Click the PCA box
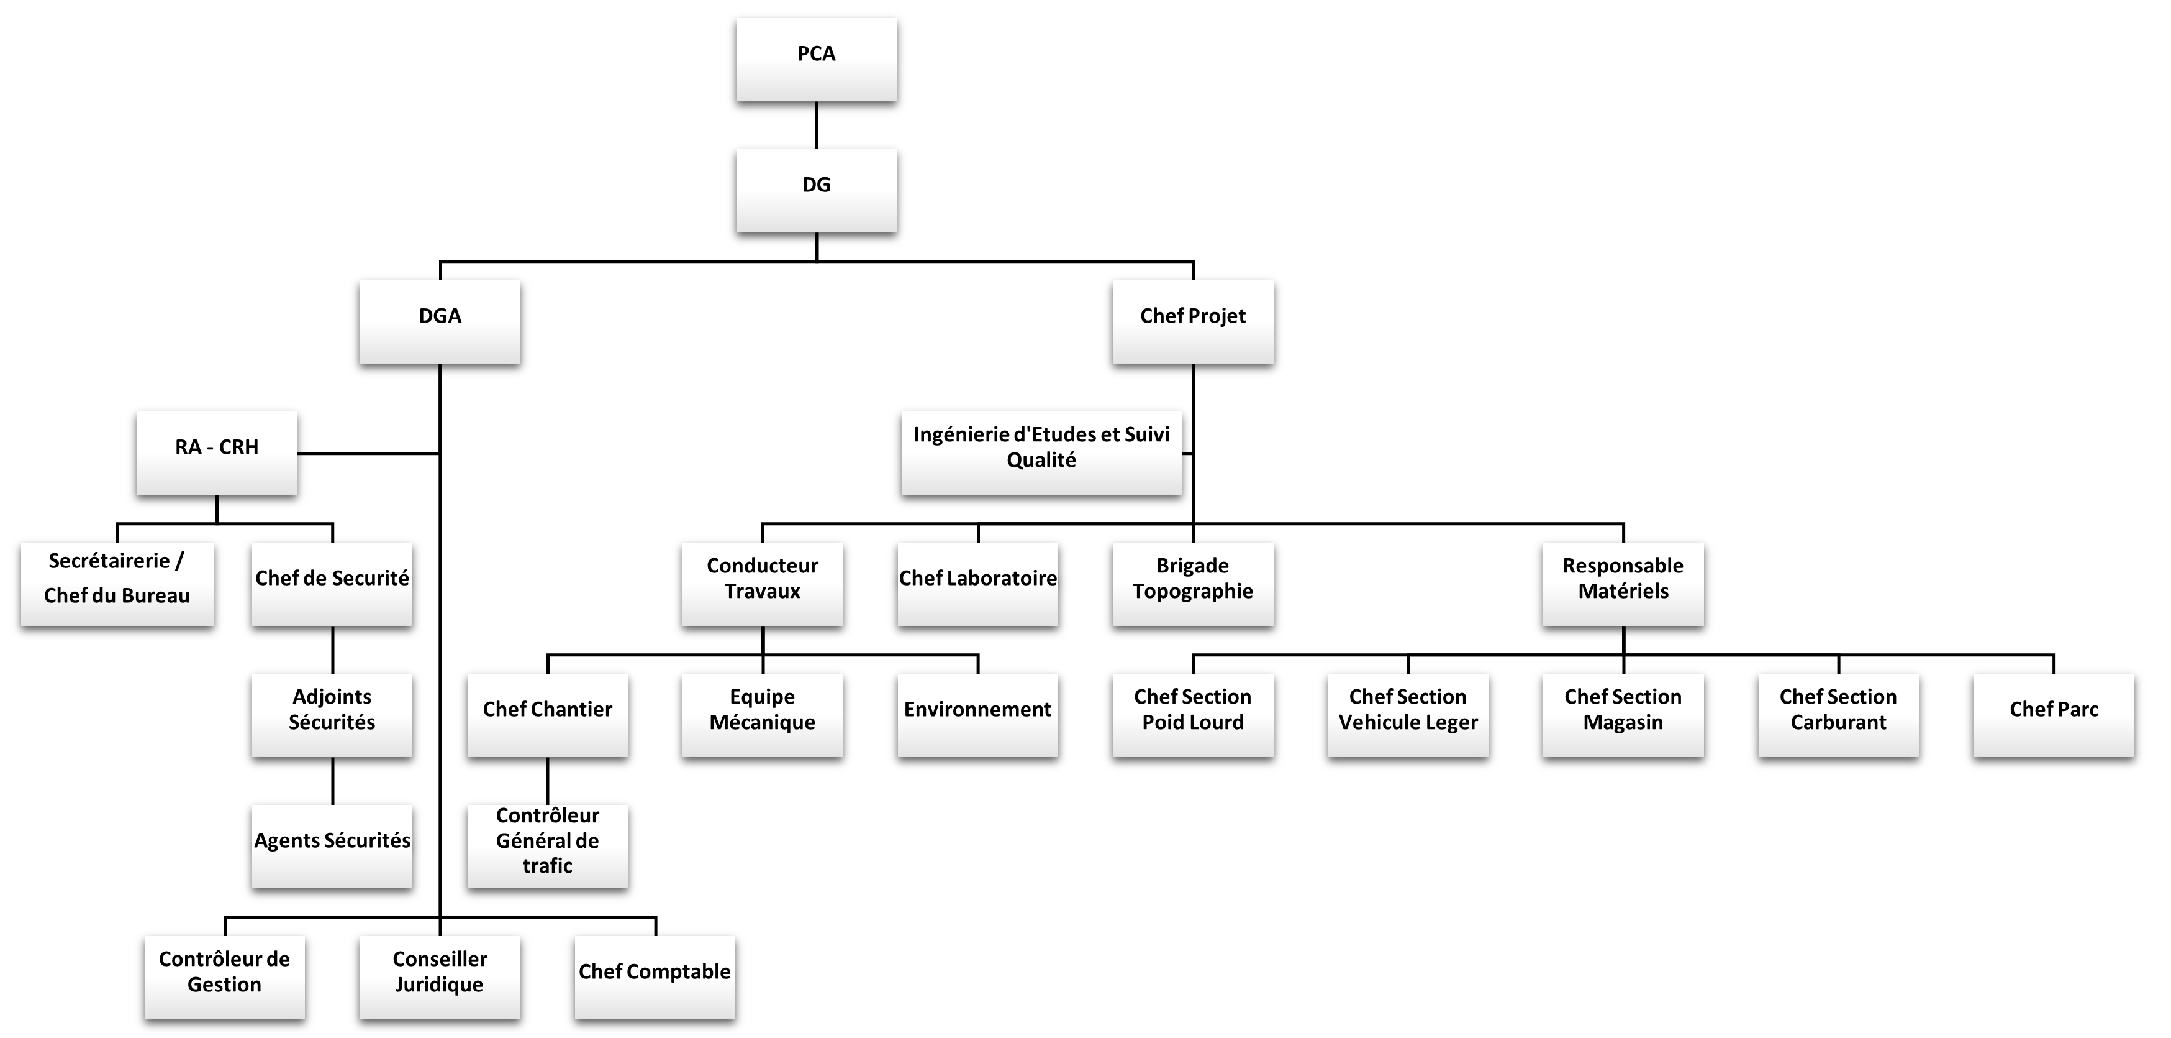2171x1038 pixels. [x=816, y=59]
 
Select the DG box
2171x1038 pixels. [x=816, y=191]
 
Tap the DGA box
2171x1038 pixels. [x=439, y=321]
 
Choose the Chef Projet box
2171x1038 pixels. [x=1192, y=321]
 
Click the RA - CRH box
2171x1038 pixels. [x=217, y=453]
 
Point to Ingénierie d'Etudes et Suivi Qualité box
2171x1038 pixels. [x=1041, y=453]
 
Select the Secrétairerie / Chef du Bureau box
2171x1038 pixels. [x=117, y=584]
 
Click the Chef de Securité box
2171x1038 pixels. [x=332, y=584]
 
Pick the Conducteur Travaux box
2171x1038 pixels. [x=762, y=584]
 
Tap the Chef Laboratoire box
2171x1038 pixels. [x=977, y=584]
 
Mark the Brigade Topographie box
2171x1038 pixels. [x=1192, y=584]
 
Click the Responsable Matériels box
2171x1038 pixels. [x=1623, y=584]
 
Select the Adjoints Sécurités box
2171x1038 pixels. [x=332, y=714]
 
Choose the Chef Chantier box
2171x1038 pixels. [x=547, y=714]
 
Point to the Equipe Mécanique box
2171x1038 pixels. [x=762, y=714]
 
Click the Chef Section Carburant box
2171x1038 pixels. [x=1838, y=714]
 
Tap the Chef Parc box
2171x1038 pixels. [x=2054, y=714]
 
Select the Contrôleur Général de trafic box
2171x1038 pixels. [x=547, y=846]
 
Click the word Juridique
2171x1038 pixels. [x=439, y=985]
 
